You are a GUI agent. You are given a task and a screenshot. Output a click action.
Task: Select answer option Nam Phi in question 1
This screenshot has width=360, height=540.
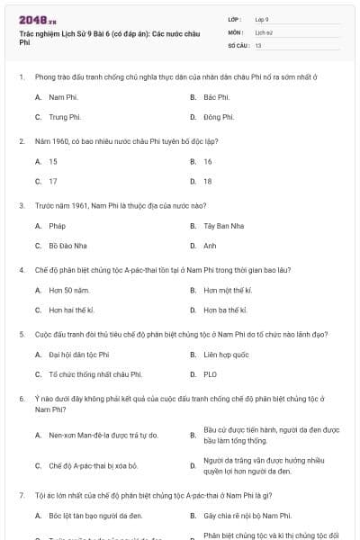(x=61, y=96)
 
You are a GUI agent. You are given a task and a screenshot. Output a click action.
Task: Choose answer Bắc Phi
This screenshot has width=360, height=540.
(x=216, y=96)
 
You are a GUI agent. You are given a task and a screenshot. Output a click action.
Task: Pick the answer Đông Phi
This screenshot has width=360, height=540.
(x=218, y=117)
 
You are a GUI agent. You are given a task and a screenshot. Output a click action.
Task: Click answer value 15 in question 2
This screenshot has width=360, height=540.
(x=53, y=161)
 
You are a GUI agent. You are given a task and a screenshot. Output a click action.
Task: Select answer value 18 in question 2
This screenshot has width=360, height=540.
(x=208, y=181)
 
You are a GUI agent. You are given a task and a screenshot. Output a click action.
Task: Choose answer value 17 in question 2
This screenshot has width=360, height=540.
(x=53, y=181)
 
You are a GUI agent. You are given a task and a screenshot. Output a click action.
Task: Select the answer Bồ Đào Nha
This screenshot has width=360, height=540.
(x=66, y=246)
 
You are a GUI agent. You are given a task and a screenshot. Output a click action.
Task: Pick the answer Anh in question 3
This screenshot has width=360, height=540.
(x=210, y=246)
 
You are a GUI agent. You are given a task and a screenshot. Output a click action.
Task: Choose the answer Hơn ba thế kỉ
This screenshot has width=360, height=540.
(x=225, y=310)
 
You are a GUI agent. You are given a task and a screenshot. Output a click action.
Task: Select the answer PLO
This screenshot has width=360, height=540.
(x=210, y=373)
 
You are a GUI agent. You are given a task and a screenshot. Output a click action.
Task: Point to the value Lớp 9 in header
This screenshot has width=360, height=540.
(x=262, y=18)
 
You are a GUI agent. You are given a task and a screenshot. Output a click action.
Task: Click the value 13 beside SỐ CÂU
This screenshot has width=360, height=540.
(x=258, y=44)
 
